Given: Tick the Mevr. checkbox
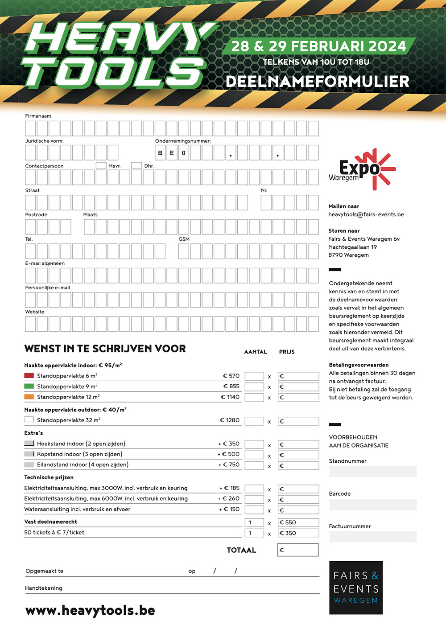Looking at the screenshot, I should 101,165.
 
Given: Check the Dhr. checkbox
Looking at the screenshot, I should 136,165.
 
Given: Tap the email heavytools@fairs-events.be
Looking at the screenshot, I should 366,214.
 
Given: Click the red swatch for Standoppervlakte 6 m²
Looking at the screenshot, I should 29,376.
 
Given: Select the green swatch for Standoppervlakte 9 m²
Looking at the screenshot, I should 29,386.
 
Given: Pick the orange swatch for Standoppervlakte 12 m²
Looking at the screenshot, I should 29,397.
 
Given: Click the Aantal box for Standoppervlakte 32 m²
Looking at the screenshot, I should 254,421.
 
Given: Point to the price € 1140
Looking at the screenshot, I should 230,397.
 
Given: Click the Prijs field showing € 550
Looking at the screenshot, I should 298,522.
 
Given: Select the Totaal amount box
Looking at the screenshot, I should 298,550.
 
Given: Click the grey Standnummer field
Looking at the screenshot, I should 373,472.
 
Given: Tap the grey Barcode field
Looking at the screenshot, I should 373,505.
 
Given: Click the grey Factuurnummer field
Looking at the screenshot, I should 373,537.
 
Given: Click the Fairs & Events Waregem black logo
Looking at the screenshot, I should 356,588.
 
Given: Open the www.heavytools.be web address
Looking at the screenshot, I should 90,610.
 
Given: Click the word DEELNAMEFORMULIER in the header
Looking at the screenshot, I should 318,82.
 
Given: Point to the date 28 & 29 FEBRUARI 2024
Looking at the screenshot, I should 318,46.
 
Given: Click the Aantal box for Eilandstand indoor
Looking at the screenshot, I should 254,465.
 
